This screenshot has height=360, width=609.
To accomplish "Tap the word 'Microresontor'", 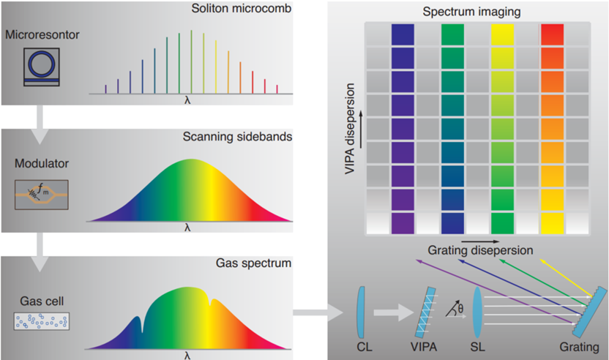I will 36,34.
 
